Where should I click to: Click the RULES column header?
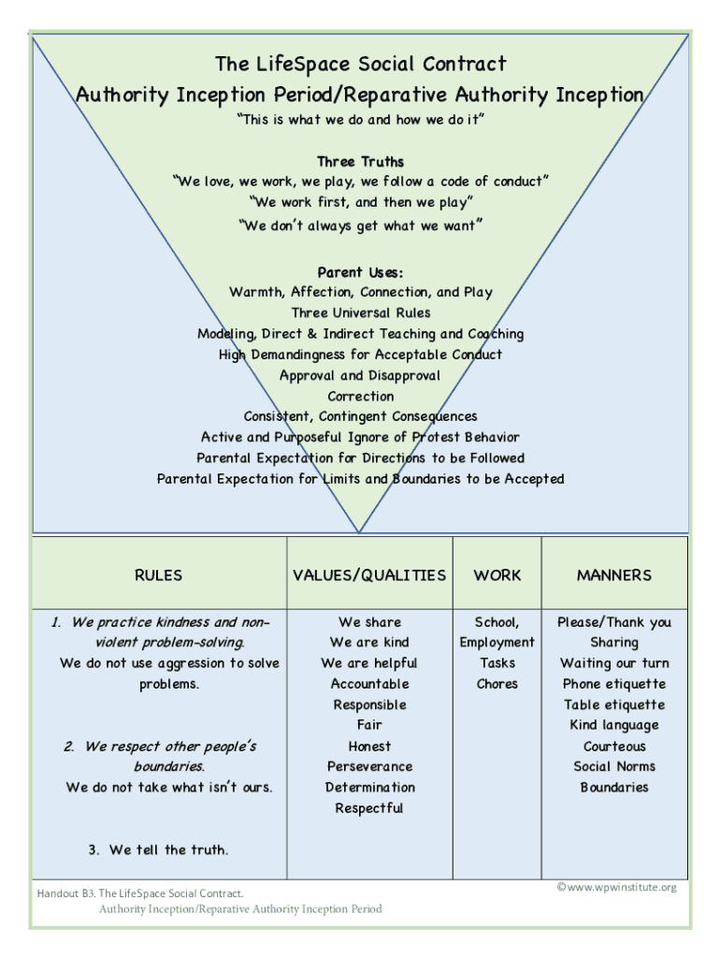(x=158, y=575)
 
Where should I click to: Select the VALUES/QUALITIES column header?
(x=369, y=575)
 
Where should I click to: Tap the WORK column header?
(x=497, y=575)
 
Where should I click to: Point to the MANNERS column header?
(x=614, y=575)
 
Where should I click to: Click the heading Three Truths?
(x=360, y=161)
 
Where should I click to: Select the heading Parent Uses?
(x=360, y=272)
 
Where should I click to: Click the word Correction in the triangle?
(x=360, y=396)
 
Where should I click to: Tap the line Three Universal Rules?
(x=360, y=312)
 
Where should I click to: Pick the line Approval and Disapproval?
(x=360, y=375)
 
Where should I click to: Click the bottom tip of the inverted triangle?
(x=359, y=532)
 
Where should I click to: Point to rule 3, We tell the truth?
(x=158, y=849)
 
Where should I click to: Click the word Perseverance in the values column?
(x=369, y=766)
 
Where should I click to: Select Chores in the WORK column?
(x=497, y=684)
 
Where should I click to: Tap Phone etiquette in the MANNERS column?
(x=614, y=684)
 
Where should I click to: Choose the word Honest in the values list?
(x=369, y=746)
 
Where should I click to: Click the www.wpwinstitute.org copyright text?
(x=617, y=887)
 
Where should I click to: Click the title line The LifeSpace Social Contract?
(x=360, y=64)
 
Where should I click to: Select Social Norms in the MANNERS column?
(x=614, y=766)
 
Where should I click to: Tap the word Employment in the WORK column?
(x=497, y=642)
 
